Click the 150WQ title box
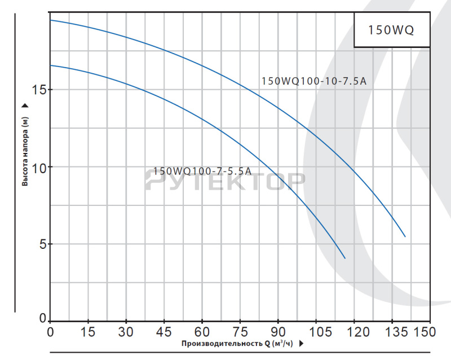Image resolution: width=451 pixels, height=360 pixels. pyautogui.click(x=391, y=30)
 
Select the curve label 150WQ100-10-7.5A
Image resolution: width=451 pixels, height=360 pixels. pyautogui.click(x=314, y=81)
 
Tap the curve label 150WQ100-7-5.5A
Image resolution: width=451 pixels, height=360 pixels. pyautogui.click(x=202, y=171)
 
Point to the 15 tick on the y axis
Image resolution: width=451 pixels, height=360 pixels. pyautogui.click(x=39, y=90)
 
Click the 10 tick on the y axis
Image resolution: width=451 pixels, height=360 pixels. pyautogui.click(x=39, y=167)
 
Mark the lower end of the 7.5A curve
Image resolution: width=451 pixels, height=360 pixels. pyautogui.click(x=405, y=236)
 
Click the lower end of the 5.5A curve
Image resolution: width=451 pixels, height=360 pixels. pyautogui.click(x=344, y=258)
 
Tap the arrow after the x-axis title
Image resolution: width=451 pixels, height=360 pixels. pyautogui.click(x=302, y=343)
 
